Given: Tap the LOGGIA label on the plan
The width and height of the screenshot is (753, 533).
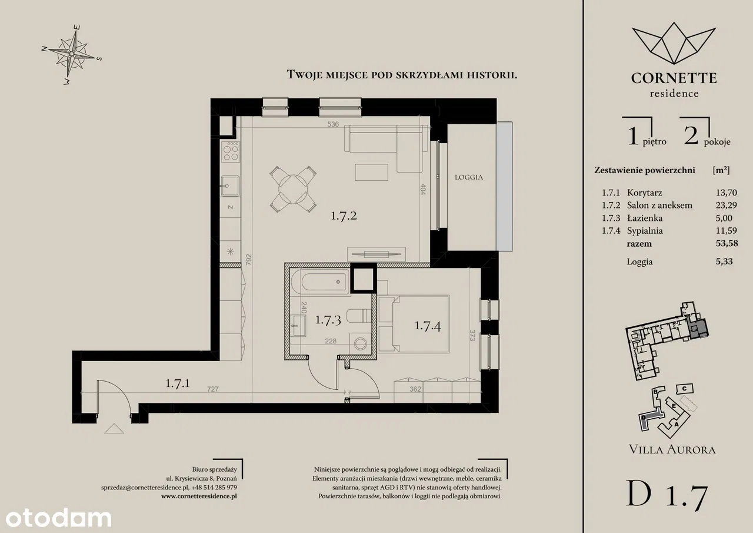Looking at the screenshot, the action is (469, 177).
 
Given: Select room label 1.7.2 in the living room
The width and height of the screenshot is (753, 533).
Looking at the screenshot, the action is (344, 216).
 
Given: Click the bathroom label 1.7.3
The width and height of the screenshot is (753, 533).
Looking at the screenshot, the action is (328, 320).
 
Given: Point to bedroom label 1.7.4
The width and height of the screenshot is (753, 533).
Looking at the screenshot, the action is (428, 326).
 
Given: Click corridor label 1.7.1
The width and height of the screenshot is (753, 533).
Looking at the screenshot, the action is (178, 383).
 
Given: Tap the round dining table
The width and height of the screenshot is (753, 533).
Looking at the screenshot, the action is (293, 189).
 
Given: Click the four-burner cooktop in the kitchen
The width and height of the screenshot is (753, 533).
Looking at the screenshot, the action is (231, 151).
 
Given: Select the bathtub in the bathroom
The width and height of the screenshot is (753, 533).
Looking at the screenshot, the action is (321, 282).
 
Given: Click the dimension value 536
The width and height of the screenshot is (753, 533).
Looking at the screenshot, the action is (333, 124).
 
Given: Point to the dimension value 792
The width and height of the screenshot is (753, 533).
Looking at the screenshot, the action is (249, 260).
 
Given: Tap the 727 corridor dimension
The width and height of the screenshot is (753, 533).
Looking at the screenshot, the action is (213, 389).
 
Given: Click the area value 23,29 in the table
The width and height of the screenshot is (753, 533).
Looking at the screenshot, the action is (726, 206).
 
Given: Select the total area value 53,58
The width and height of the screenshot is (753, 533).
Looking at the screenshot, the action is (727, 243).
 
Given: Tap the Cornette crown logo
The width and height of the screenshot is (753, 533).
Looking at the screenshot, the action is (674, 44).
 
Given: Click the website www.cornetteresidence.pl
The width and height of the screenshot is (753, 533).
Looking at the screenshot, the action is (199, 496).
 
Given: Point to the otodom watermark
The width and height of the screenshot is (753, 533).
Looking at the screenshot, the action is (58, 518).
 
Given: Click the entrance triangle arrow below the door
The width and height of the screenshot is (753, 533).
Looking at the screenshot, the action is (114, 429).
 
